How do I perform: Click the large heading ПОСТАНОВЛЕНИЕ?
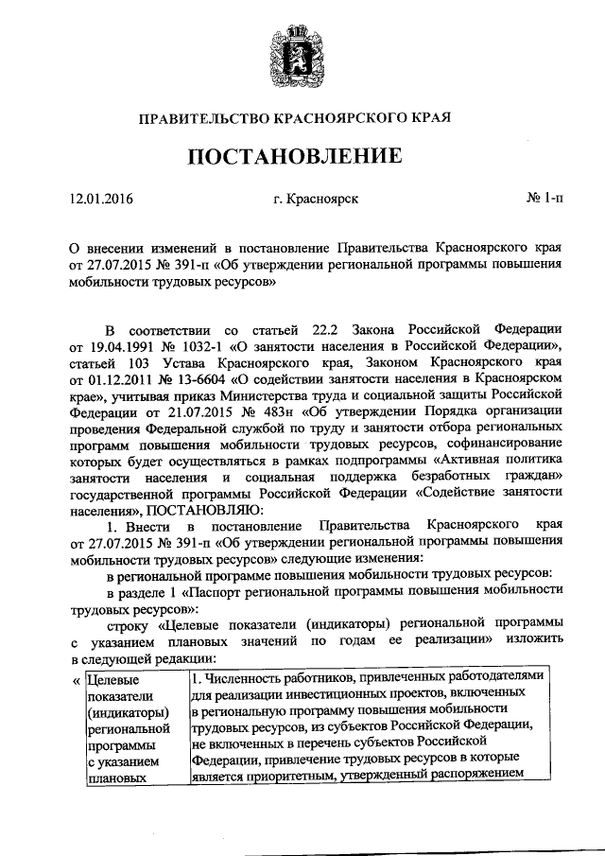[x=302, y=154]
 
